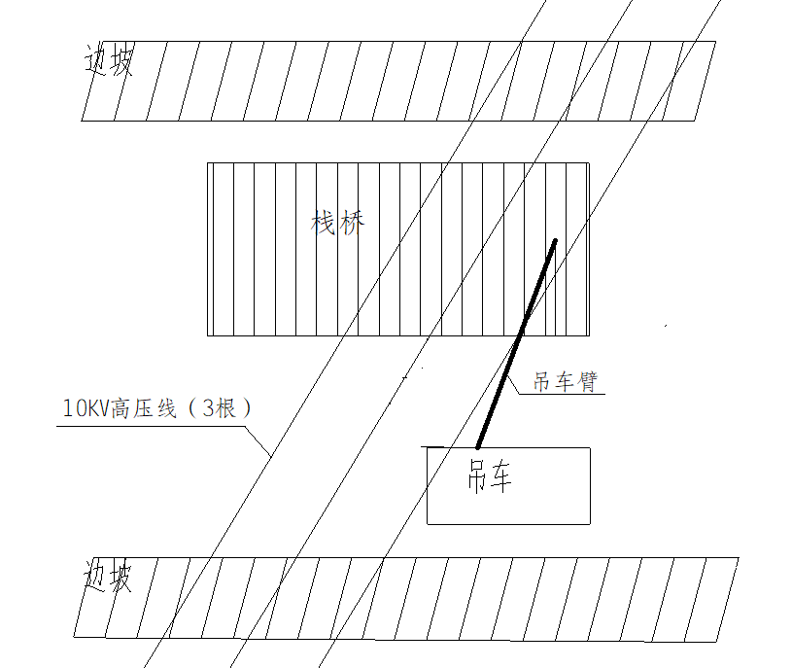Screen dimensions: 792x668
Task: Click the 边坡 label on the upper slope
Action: (x=108, y=60)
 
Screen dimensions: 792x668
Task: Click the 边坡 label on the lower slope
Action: (x=107, y=576)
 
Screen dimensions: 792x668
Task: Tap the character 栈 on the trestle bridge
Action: (x=324, y=223)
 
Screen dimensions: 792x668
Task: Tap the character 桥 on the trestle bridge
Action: (x=352, y=223)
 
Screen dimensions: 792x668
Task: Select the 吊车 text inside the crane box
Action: (x=490, y=476)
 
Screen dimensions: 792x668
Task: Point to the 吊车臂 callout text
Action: (x=566, y=381)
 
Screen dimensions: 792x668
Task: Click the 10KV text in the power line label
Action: (x=86, y=408)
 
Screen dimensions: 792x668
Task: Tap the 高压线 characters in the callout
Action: (x=144, y=408)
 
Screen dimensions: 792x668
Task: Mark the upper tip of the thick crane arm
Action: (x=555, y=240)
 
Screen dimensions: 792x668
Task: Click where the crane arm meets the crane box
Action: (x=478, y=447)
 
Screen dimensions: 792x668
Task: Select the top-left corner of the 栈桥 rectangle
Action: (x=208, y=162)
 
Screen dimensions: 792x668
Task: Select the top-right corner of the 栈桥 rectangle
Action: (x=589, y=162)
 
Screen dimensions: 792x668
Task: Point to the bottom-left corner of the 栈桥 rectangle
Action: (x=208, y=335)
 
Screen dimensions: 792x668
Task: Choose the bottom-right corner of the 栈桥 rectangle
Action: (x=589, y=335)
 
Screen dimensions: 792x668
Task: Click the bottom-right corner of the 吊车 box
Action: (x=590, y=524)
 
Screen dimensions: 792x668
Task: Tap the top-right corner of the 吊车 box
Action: (x=590, y=447)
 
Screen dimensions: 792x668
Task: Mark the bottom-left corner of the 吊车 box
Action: (x=428, y=524)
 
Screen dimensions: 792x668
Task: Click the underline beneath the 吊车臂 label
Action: (x=562, y=394)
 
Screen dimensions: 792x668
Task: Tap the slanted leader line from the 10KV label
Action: (x=258, y=441)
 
